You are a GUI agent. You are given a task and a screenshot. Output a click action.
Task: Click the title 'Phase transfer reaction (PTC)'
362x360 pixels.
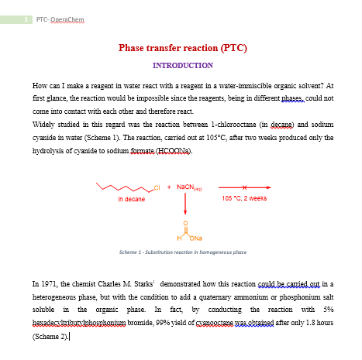[x=183, y=48]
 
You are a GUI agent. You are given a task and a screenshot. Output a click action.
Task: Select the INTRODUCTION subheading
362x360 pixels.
[x=183, y=66]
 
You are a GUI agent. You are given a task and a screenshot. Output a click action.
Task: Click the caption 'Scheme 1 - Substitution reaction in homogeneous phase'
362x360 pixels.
[x=183, y=252]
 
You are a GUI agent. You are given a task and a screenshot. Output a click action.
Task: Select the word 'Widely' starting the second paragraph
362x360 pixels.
[x=43, y=124]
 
